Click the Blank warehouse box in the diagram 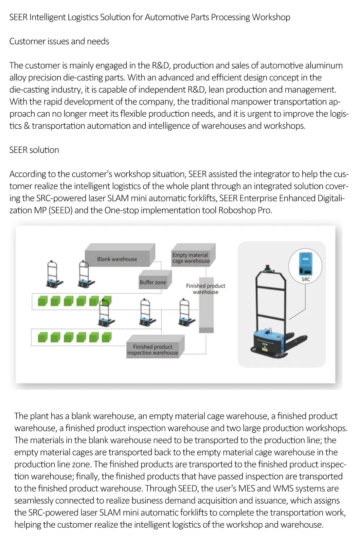coord(117,259)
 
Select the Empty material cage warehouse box coord(191,258)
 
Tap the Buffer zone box coord(153,282)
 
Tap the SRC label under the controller coord(306,279)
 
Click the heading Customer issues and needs coord(59,41)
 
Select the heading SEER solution coord(34,150)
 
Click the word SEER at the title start coord(18,17)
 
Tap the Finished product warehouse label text coord(205,289)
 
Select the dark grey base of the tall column coord(206,330)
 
